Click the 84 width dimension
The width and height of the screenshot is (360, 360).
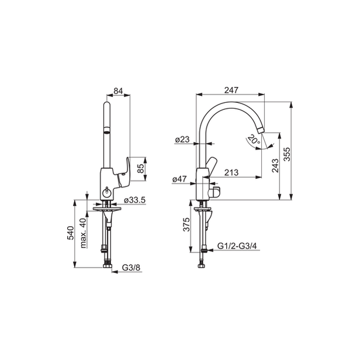(x=119, y=91)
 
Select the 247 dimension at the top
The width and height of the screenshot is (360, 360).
(x=231, y=90)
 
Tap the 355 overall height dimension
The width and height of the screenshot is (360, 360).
(x=287, y=154)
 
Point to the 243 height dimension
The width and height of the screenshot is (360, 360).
(x=275, y=165)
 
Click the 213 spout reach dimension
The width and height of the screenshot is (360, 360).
(x=231, y=172)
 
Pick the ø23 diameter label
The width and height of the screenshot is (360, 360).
(x=182, y=139)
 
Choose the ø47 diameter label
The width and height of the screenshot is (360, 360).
(x=179, y=179)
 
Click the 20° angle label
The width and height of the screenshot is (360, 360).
(x=254, y=139)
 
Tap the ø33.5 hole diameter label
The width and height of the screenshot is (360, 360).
(x=135, y=200)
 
